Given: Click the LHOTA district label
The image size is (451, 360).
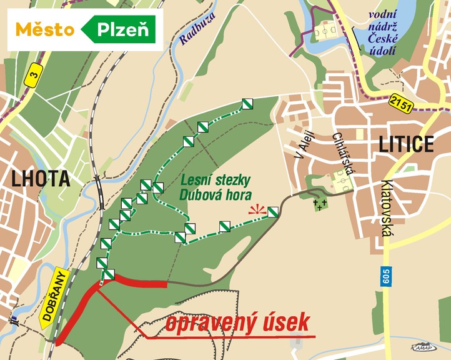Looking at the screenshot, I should pos(39,179).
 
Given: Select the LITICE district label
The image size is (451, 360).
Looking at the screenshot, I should pos(406,145).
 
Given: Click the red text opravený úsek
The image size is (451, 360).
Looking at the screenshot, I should pos(239,323).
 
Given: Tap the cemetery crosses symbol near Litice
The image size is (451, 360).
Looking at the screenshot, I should pos(320,204).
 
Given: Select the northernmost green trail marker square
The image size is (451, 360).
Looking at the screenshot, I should pos(247,104).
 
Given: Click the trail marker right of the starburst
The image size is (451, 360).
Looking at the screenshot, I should pos(272,212).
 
